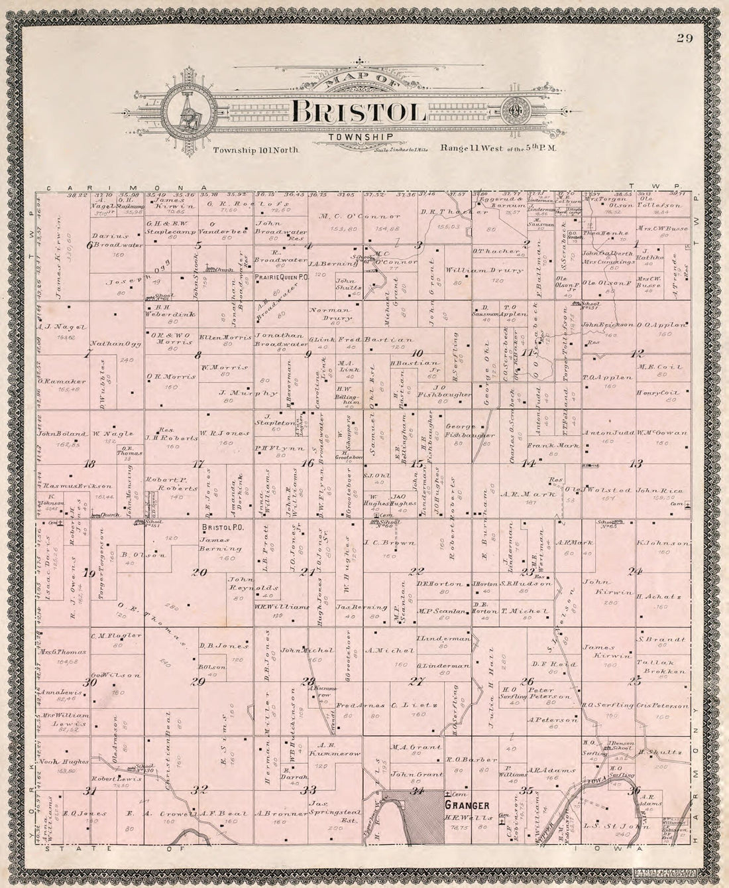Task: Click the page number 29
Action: pos(685,38)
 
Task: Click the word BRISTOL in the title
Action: pos(359,111)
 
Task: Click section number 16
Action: pos(307,464)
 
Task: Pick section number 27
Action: pos(416,681)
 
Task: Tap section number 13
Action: pos(636,463)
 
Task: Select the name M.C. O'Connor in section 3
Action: pos(360,216)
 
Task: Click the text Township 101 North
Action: pos(256,151)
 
